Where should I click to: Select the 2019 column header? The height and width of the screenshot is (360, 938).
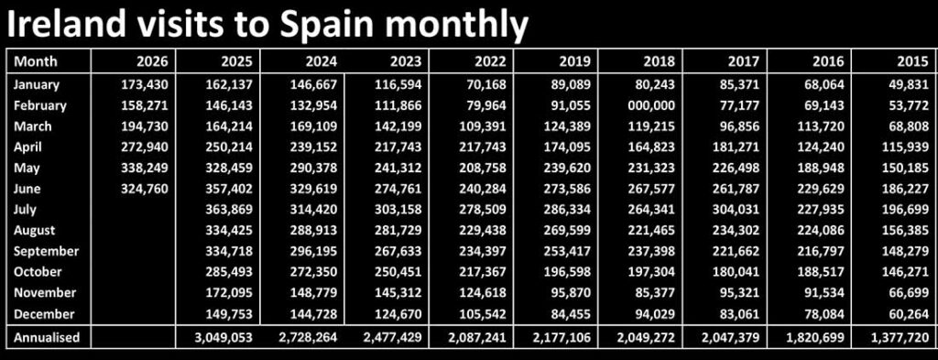[574, 61]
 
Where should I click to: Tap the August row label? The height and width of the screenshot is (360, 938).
[34, 230]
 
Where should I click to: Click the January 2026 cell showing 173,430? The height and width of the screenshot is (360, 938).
[144, 84]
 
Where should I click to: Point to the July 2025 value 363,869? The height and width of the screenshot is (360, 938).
[228, 209]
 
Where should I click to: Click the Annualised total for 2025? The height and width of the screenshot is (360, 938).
[223, 337]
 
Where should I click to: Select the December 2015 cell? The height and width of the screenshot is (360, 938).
[909, 314]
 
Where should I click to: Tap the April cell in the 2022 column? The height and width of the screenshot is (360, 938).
[481, 147]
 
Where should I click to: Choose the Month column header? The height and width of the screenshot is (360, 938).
[36, 61]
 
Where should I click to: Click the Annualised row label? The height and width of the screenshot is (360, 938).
[46, 337]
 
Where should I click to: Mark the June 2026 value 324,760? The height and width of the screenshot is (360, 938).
[144, 189]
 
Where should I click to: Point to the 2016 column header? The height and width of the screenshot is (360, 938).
[828, 61]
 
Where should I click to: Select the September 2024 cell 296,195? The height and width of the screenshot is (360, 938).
[312, 251]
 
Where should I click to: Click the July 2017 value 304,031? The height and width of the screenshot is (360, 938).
[736, 209]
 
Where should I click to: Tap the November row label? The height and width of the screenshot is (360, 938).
[45, 293]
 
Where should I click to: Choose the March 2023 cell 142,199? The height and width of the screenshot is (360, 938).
[397, 126]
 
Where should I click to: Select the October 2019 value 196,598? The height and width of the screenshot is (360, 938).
[566, 272]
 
